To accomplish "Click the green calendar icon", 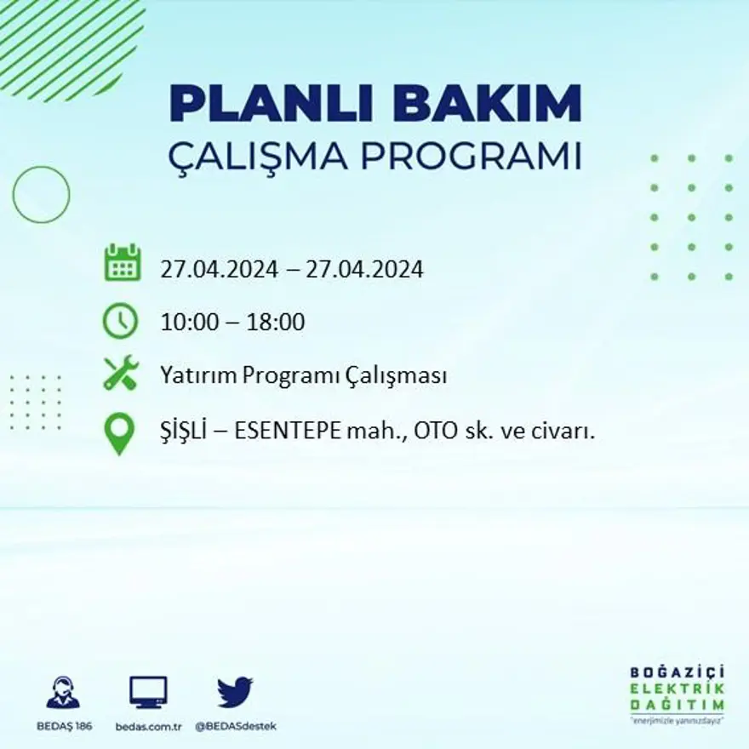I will coord(122,263).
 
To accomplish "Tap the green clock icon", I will coord(120,321).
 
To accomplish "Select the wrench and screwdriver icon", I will coord(121,373).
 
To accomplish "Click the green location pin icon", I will coord(119,432).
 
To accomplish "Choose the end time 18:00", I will coord(277,323).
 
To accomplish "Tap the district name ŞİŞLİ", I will coord(182,432).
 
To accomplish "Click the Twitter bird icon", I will coord(234,692).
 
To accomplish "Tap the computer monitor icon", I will coord(148,692).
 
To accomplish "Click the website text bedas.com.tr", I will coord(148,726).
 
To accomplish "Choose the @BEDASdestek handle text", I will coord(236,726).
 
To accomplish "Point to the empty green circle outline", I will coord(41,195).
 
